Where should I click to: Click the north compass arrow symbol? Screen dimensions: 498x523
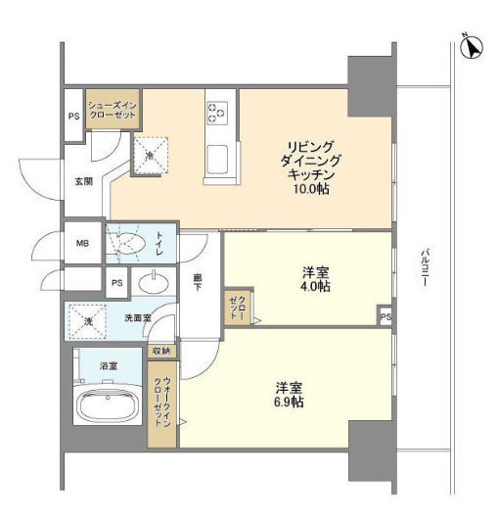[x=472, y=48]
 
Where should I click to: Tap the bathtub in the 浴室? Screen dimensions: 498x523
[x=108, y=405]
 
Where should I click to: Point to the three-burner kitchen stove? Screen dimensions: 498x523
[x=217, y=113]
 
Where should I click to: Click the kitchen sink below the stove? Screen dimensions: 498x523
[x=217, y=160]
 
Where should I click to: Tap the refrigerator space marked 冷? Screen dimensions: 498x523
[x=151, y=155]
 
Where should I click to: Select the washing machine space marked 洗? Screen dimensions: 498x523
[x=88, y=321]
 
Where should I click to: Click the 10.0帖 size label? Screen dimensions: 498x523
[x=311, y=189]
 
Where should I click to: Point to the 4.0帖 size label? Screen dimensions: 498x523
[x=315, y=287]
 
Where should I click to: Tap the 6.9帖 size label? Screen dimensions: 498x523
[x=289, y=402]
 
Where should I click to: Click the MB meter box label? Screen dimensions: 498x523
[x=82, y=243]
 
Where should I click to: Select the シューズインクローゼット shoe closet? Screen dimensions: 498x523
[x=113, y=109]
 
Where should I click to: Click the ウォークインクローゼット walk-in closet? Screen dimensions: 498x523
[x=161, y=404]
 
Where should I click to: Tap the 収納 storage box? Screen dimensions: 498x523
[x=161, y=351]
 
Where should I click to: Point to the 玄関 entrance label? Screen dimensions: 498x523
[x=83, y=182]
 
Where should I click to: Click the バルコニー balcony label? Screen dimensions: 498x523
[x=425, y=266]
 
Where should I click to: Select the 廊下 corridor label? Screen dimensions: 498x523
[x=198, y=282]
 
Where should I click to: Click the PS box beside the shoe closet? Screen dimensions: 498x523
[x=74, y=115]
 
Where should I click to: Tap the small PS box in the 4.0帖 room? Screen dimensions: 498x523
[x=385, y=315]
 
